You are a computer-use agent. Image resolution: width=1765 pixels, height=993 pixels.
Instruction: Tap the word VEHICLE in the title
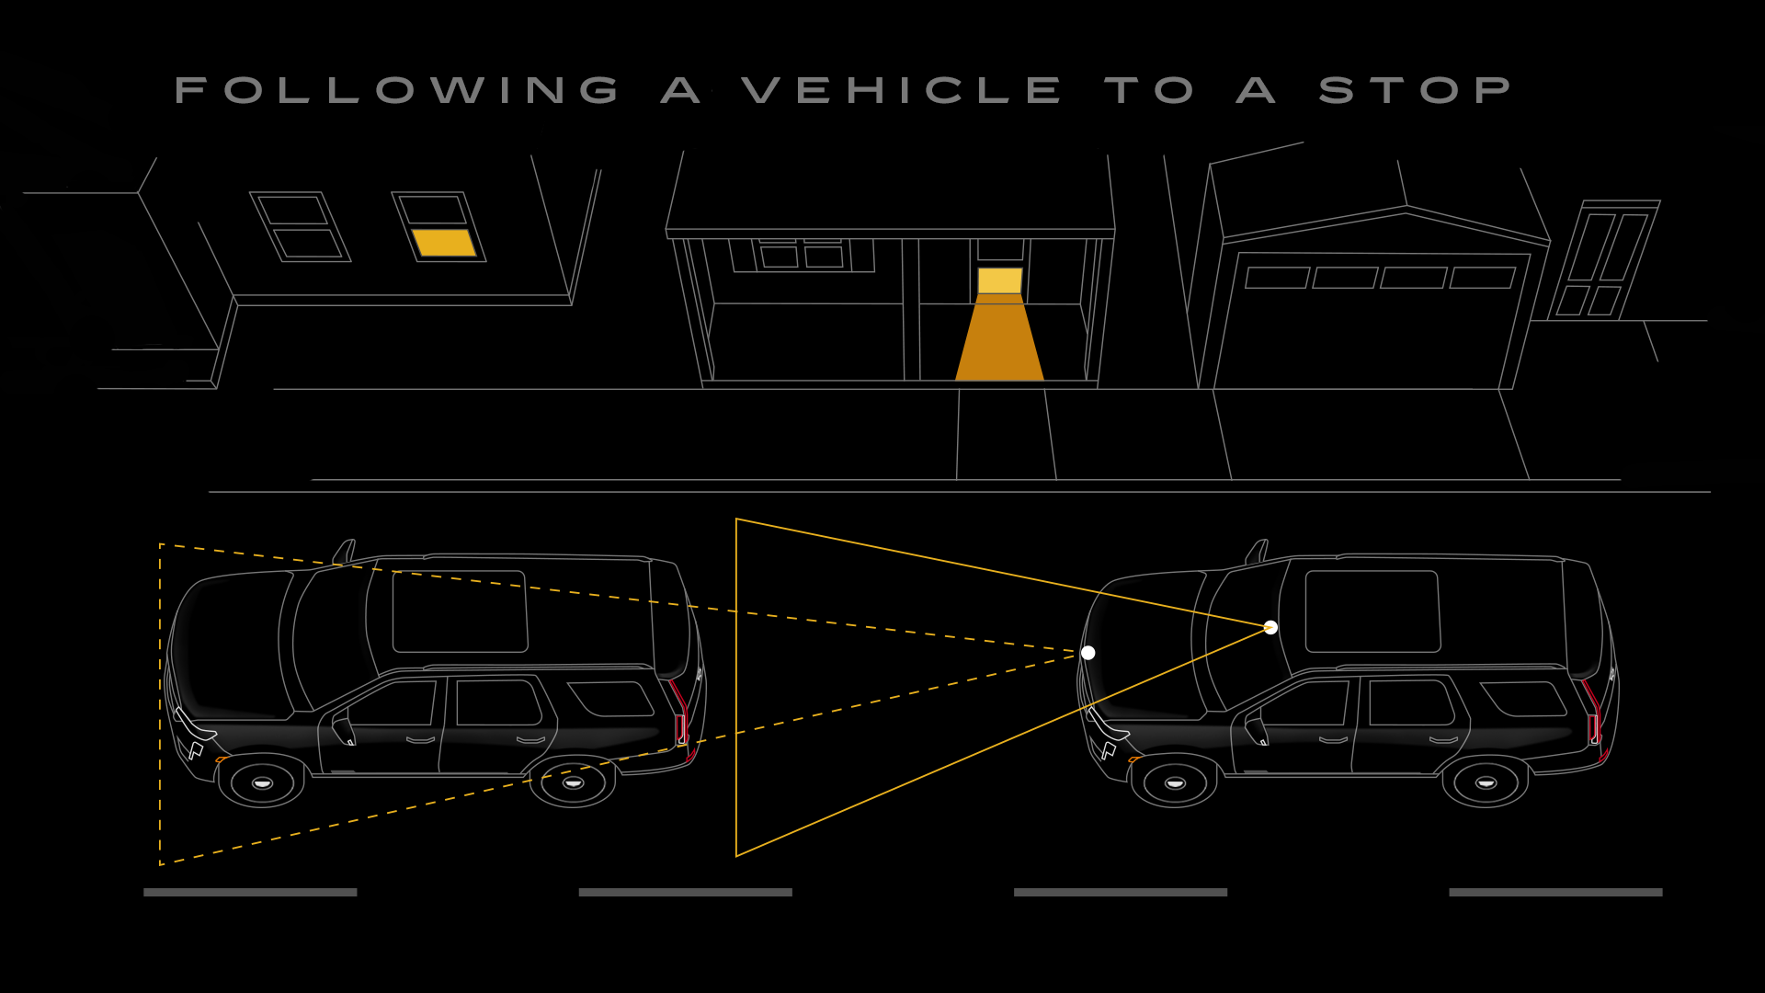(x=901, y=90)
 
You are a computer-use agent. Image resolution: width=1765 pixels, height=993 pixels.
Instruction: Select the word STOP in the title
(x=1416, y=90)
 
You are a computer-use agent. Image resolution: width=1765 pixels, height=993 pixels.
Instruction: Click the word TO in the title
(x=1149, y=90)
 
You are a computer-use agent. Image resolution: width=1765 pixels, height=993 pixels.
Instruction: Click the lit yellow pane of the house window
(x=443, y=243)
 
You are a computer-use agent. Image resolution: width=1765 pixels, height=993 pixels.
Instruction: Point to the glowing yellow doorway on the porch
(x=999, y=280)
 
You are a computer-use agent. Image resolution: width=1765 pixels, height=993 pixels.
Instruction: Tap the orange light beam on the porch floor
(x=999, y=340)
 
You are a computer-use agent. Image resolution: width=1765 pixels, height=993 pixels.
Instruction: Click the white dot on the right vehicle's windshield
(x=1270, y=627)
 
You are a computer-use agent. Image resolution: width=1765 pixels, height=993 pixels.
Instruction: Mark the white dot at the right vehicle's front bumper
(x=1087, y=653)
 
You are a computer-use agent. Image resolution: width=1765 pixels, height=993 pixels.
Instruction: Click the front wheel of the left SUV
(x=262, y=782)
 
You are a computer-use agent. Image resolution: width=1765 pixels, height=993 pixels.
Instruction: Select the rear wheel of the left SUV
(x=573, y=782)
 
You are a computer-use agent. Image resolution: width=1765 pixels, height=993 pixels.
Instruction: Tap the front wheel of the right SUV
(x=1174, y=782)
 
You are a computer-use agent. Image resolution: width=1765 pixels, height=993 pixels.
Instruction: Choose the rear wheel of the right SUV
(x=1486, y=782)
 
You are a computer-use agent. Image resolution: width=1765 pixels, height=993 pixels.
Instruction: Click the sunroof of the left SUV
(x=460, y=611)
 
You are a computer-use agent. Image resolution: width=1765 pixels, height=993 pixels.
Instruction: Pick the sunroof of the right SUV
(x=1372, y=611)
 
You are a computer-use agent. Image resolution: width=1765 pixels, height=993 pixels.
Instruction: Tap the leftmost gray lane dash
(x=250, y=892)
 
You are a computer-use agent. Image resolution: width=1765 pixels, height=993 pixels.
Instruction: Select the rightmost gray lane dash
(x=1555, y=892)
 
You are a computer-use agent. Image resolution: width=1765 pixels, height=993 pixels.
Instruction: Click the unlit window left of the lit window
(x=301, y=227)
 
